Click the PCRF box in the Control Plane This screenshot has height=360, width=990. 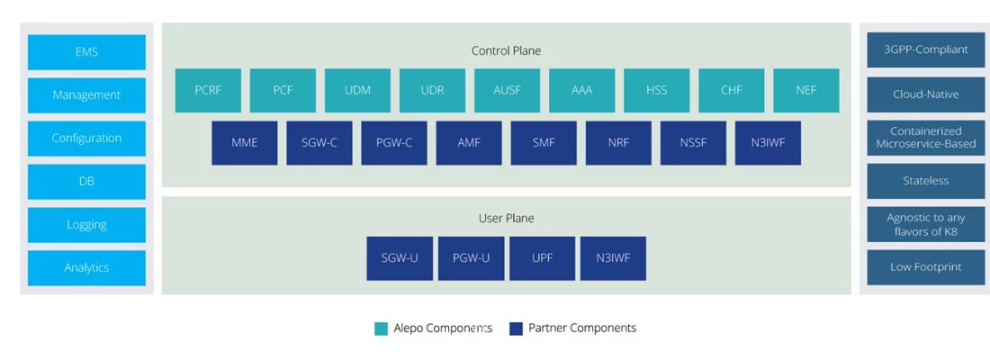tap(208, 90)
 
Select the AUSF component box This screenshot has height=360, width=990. tap(507, 90)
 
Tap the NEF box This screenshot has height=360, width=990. tap(806, 90)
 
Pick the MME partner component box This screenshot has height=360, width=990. tap(244, 143)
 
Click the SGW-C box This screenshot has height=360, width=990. tap(319, 143)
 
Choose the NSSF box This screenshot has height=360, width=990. tap(693, 143)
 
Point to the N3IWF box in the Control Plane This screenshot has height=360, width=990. tap(769, 143)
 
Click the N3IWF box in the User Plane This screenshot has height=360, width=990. tap(613, 258)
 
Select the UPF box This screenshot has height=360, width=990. tap(543, 258)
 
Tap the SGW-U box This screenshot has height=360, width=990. tap(400, 258)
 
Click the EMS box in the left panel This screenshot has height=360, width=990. tap(86, 52)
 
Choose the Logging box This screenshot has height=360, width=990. tap(86, 225)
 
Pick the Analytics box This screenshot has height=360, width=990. tap(86, 268)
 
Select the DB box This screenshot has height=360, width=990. tap(86, 181)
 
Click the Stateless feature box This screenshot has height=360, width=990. tap(925, 181)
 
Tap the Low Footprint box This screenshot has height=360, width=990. tap(925, 267)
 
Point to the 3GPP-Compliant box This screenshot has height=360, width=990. tap(925, 49)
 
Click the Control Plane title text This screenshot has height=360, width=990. tap(507, 50)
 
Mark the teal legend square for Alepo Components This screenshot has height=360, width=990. tap(381, 328)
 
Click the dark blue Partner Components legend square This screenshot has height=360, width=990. tap(517, 328)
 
